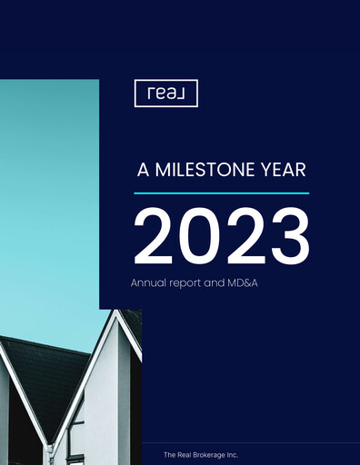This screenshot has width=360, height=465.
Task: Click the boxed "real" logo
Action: pos(165,94)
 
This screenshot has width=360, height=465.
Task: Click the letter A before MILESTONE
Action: pos(142,170)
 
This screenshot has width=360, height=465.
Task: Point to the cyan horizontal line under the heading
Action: pos(221,193)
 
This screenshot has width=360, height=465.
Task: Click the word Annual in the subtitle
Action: pos(147,283)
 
